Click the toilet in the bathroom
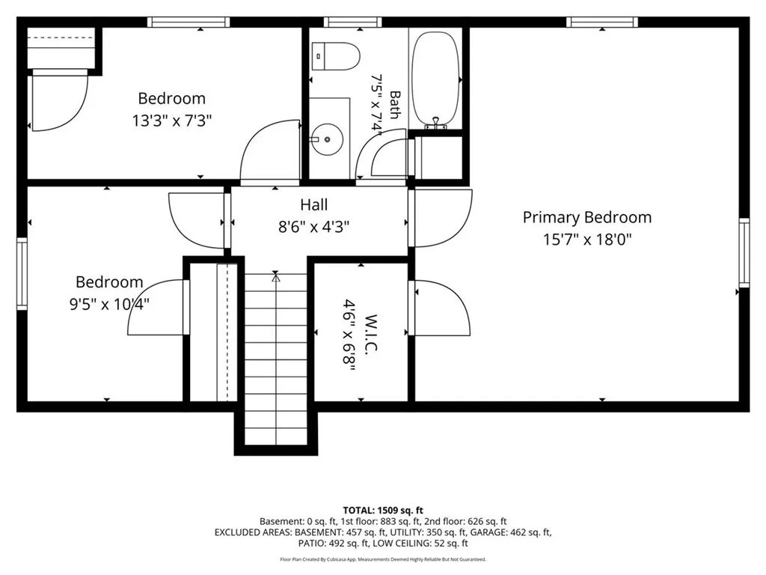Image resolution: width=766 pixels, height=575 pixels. coord(336,55)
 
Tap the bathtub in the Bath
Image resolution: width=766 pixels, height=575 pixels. coord(436,77)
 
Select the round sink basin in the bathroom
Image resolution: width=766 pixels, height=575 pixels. coord(327,139)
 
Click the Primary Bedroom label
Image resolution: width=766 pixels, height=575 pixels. coord(586,217)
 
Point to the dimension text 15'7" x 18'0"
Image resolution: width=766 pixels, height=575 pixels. coord(587,240)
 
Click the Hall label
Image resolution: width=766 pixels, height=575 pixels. coord(313,204)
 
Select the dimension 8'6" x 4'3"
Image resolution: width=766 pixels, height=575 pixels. coord(313,227)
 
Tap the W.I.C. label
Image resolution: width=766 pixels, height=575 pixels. coord(371,333)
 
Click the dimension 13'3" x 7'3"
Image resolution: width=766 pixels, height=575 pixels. coord(171,121)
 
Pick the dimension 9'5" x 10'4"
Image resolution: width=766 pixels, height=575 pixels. coord(109,304)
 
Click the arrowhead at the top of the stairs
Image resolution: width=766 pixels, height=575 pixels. coord(276,278)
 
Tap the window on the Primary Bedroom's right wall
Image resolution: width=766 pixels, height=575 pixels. coord(744,253)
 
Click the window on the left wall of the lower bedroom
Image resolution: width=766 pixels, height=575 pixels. coord(22,274)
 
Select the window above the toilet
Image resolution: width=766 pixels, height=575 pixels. coord(352,22)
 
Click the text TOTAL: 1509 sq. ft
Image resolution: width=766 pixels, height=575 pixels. coord(383,511)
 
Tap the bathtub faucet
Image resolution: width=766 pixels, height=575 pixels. coord(436,124)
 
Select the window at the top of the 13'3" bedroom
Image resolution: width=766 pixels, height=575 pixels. coord(189,22)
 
